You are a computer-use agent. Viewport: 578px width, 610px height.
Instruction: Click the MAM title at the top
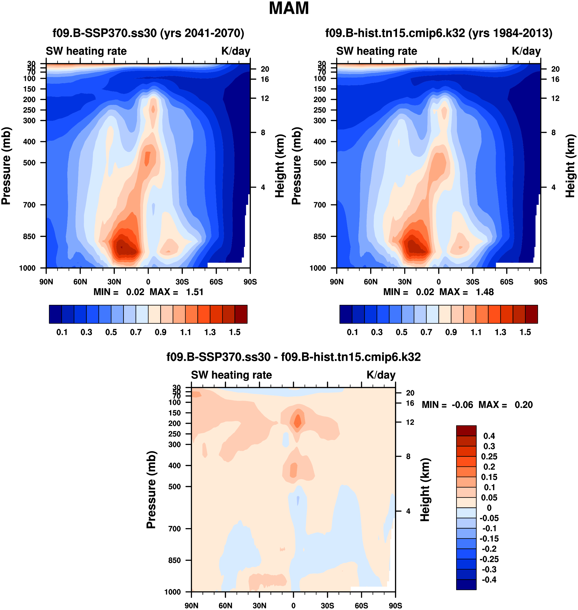pyautogui.click(x=289, y=8)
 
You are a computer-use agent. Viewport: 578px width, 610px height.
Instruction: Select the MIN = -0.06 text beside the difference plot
pyautogui.click(x=447, y=405)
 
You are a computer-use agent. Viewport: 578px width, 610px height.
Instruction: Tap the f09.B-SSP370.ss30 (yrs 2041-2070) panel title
pyautogui.click(x=148, y=33)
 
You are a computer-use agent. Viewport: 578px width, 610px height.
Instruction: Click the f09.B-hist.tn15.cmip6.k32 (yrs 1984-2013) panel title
pyautogui.click(x=439, y=33)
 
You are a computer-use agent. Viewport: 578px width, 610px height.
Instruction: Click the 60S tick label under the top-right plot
pyautogui.click(x=507, y=282)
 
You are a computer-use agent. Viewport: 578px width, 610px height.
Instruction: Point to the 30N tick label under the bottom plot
pyautogui.click(x=259, y=606)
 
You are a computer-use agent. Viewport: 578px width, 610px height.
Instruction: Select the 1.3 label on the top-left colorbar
pyautogui.click(x=210, y=332)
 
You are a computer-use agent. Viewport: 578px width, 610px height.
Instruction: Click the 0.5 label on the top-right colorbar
pyautogui.click(x=401, y=332)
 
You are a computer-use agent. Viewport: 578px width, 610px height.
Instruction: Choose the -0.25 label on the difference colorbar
pyautogui.click(x=489, y=559)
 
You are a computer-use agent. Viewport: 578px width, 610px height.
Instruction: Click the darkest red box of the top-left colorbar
pyautogui.click(x=241, y=314)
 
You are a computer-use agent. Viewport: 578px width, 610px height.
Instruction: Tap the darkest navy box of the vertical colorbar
pyautogui.click(x=466, y=584)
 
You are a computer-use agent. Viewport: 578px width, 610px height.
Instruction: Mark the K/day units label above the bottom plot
pyautogui.click(x=381, y=375)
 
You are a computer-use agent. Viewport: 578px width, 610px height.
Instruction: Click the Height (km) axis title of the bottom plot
pyautogui.click(x=425, y=489)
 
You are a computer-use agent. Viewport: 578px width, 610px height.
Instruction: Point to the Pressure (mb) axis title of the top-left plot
pyautogui.click(x=6, y=166)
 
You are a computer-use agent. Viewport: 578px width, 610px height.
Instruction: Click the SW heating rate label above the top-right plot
pyautogui.click(x=377, y=51)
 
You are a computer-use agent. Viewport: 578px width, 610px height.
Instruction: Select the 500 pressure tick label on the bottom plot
pyautogui.click(x=174, y=486)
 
